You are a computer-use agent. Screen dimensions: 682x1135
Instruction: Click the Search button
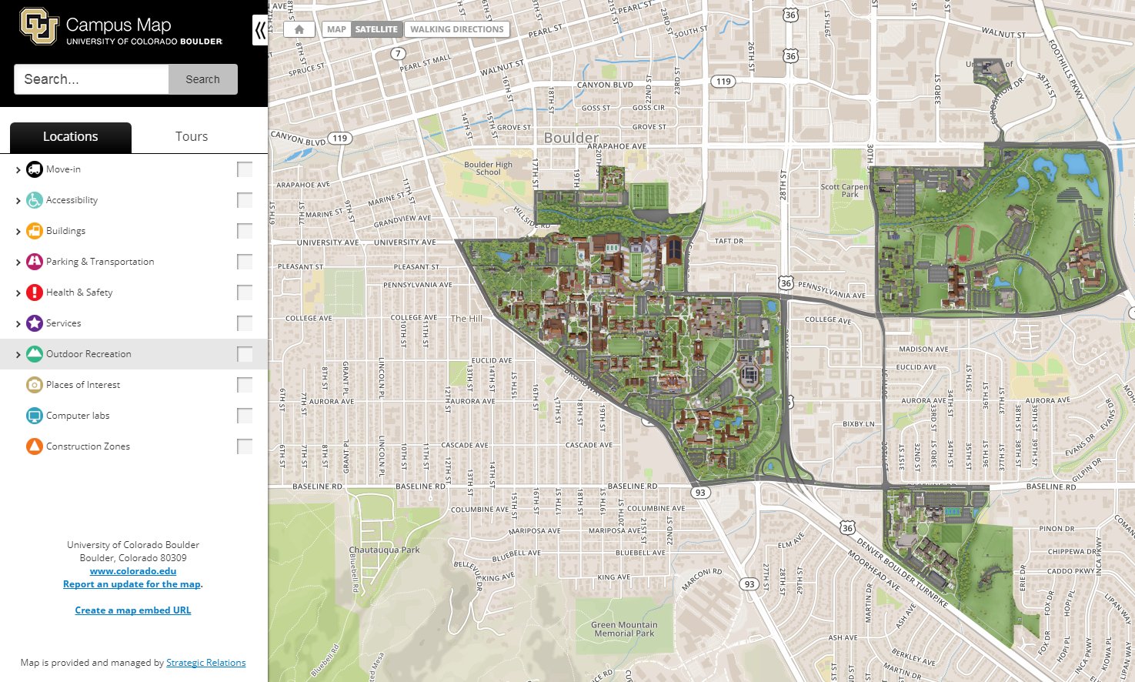tap(202, 79)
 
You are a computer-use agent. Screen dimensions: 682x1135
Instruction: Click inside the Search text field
tap(91, 79)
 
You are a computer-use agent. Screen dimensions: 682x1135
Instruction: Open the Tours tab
tap(192, 137)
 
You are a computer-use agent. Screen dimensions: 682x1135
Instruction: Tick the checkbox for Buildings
tap(245, 231)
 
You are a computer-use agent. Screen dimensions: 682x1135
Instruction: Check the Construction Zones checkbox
tap(245, 446)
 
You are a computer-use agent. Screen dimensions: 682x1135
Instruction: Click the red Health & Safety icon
tap(35, 293)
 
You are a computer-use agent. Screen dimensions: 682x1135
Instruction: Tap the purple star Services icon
tap(35, 323)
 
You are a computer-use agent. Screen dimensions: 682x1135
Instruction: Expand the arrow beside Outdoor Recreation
tap(18, 355)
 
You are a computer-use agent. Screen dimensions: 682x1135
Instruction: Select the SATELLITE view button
tap(376, 29)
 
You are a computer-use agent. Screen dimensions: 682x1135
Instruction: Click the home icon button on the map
tap(299, 29)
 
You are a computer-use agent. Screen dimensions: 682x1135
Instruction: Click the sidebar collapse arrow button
tap(260, 31)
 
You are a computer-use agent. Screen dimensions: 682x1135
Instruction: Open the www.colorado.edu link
tap(133, 571)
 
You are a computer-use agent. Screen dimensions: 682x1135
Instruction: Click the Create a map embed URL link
tap(133, 610)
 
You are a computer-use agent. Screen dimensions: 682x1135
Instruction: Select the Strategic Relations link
tap(205, 663)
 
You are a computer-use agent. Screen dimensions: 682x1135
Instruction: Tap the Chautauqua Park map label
tap(384, 550)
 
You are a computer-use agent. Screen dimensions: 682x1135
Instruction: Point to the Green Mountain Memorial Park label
tap(624, 629)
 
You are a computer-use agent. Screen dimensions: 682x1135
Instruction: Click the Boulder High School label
tap(488, 169)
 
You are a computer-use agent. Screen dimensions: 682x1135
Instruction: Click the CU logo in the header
tap(38, 26)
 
